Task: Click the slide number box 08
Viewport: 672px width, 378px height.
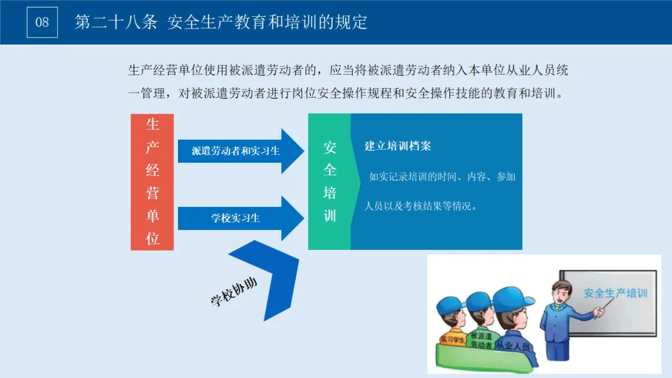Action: [42, 22]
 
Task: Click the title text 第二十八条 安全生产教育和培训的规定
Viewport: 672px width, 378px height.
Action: [221, 22]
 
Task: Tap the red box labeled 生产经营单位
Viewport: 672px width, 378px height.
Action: [152, 182]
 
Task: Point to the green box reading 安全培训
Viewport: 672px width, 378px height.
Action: [330, 182]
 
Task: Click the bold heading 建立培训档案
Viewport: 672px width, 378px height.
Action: [398, 146]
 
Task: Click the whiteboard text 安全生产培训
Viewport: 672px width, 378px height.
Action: [615, 293]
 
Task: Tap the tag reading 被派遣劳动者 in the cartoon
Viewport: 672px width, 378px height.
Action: [481, 341]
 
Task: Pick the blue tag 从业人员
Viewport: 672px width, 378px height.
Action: [513, 343]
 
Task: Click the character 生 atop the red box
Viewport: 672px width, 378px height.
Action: [152, 125]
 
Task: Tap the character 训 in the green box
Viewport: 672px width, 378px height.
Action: [330, 216]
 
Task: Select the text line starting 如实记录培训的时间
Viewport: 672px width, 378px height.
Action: [442, 177]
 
